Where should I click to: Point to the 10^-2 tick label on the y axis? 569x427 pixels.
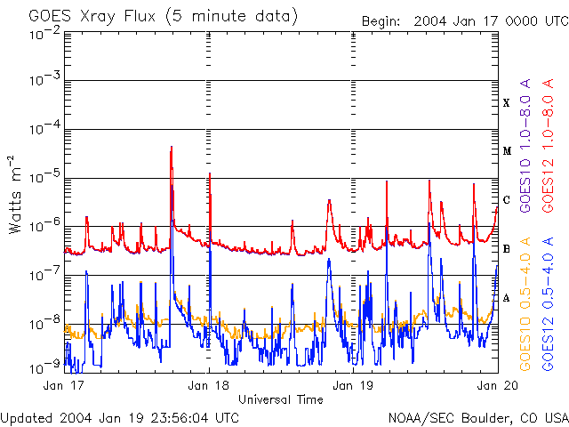tap(44, 33)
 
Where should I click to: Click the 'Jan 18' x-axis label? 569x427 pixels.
tap(210, 386)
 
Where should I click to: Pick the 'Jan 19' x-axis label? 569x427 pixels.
tap(354, 386)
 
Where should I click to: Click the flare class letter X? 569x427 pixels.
tap(507, 103)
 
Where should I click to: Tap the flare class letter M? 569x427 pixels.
tap(507, 151)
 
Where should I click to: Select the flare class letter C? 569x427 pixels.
tap(507, 200)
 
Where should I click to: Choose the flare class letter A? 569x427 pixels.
tap(507, 298)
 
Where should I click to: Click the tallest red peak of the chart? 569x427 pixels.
tap(171, 148)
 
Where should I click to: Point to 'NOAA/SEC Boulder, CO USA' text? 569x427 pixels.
tap(477, 417)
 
